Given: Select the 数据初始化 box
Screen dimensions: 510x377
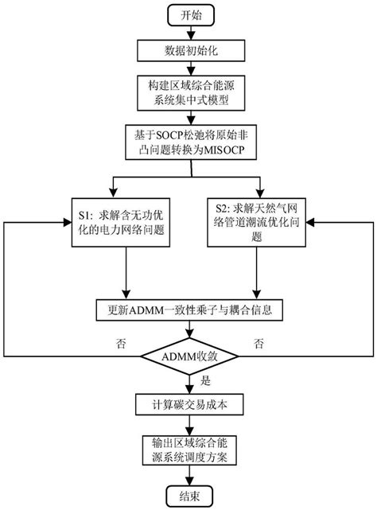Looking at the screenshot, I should [188, 51].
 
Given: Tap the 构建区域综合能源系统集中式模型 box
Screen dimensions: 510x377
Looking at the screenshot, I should [188, 94].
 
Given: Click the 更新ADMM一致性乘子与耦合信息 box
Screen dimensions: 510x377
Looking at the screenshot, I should [188, 308].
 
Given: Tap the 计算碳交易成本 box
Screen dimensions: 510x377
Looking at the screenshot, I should [188, 403].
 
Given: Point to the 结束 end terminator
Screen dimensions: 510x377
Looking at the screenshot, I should [188, 494].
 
